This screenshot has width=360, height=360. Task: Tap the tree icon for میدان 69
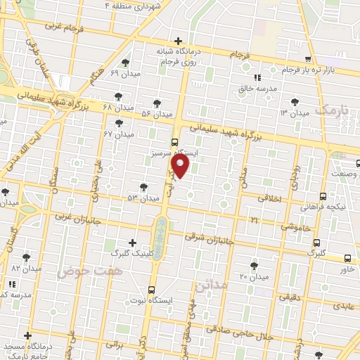(x=126, y=63)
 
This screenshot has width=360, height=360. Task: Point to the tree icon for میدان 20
(x=254, y=265)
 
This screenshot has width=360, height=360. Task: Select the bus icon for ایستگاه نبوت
(x=153, y=289)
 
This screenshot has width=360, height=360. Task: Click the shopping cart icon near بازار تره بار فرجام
(x=308, y=59)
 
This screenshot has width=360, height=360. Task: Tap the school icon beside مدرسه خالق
(x=257, y=77)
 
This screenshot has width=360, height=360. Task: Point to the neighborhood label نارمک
(x=331, y=110)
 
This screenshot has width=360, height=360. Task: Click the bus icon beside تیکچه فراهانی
(x=323, y=196)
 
